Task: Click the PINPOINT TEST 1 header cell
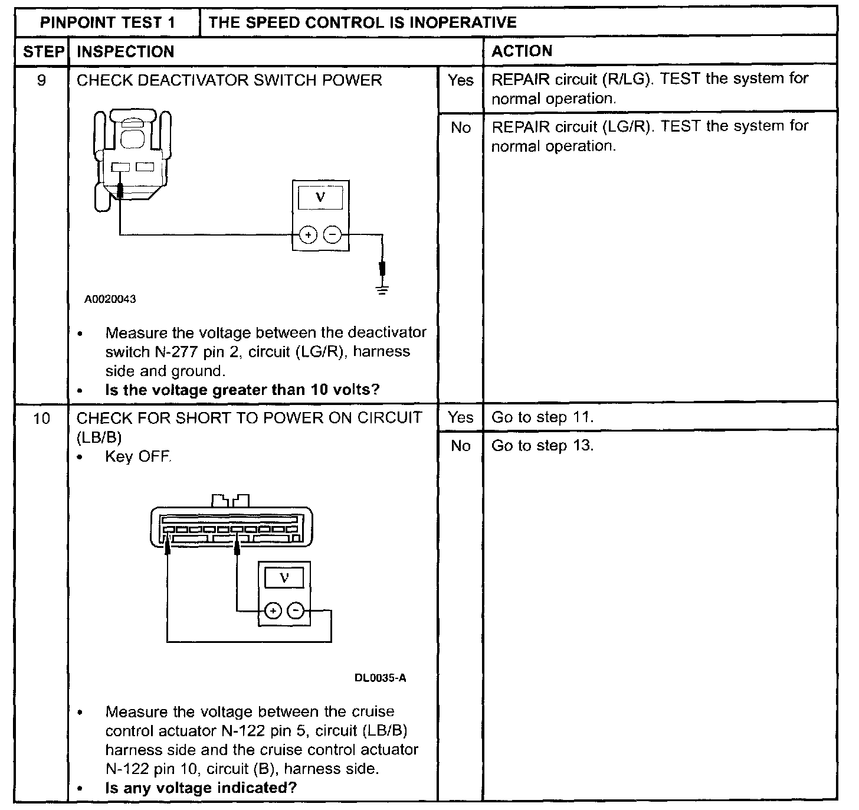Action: click(107, 23)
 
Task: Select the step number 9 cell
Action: click(41, 80)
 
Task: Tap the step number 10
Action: click(41, 419)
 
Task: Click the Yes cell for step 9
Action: click(460, 80)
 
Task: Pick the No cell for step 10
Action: click(460, 446)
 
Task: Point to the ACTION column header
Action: click(522, 51)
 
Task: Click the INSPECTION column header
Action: click(126, 51)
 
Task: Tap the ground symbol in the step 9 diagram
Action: click(383, 289)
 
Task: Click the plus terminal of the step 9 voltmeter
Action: click(308, 235)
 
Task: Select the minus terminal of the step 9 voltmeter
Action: click(333, 235)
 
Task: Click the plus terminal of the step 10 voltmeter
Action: click(272, 610)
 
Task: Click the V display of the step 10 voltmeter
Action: click(284, 578)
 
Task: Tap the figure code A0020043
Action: click(110, 299)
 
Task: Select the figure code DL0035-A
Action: click(380, 678)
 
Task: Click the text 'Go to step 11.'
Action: click(542, 417)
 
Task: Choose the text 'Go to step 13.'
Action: click(542, 446)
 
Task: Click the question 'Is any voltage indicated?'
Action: click(201, 788)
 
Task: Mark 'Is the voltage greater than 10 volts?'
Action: click(242, 390)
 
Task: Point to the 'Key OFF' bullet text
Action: click(138, 456)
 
